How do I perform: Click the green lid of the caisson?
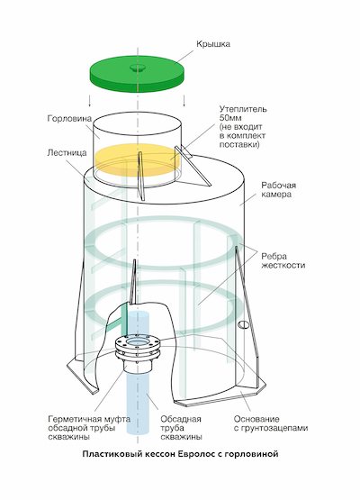point(138,75)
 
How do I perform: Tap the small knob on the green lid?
point(138,68)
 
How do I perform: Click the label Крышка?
point(212,43)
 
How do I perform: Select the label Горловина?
point(69,119)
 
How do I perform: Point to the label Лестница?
point(67,153)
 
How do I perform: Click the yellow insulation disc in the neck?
point(138,159)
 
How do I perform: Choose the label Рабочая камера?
point(279,190)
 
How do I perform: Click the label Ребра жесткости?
point(283,260)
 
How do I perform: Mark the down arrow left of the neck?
point(90,100)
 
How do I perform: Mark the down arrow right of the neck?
point(184,100)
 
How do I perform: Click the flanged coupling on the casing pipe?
point(138,350)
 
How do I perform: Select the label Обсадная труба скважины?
point(181,428)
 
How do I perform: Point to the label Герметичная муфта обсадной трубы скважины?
point(89,428)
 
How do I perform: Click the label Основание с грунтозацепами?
point(271,423)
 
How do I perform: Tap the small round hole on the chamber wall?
point(244,324)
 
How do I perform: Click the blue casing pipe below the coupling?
point(138,403)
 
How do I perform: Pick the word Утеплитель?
point(243,109)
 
